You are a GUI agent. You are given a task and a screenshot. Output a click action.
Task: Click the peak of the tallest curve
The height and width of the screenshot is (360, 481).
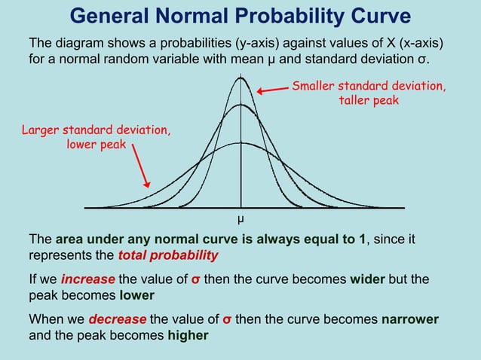240,77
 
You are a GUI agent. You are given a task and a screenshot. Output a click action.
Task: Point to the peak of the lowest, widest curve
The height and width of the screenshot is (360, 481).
240,142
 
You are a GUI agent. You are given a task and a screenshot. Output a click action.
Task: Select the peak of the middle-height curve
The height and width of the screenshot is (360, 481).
240,105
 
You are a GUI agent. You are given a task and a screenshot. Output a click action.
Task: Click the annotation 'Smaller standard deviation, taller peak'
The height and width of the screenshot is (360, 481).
368,93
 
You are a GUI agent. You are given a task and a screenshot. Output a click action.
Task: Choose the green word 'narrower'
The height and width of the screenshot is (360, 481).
408,319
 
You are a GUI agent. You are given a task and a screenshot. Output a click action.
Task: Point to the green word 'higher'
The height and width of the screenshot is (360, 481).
188,335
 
